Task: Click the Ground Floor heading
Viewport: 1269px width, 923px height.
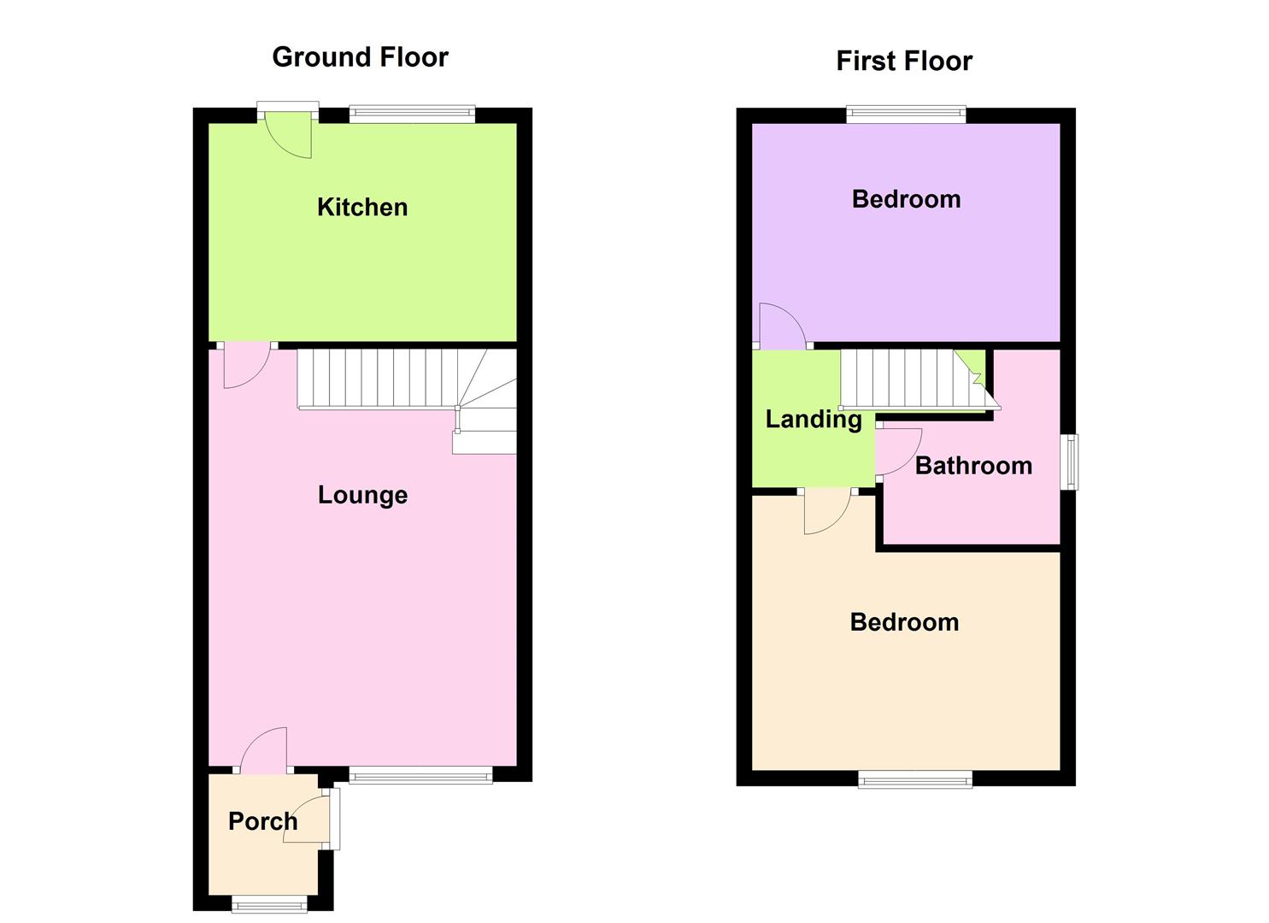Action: tap(360, 57)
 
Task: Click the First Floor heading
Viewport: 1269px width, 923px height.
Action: tap(904, 62)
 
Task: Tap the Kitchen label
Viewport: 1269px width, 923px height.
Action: tap(362, 207)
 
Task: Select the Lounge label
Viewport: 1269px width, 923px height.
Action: tap(362, 495)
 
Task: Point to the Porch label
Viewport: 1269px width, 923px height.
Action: tap(262, 821)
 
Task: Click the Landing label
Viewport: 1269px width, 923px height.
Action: tap(813, 419)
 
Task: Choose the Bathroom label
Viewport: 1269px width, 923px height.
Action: tap(973, 466)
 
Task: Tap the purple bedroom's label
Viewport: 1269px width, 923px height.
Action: tap(906, 199)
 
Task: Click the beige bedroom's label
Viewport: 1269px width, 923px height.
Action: tap(904, 622)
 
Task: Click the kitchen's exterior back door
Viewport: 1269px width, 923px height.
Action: tap(289, 132)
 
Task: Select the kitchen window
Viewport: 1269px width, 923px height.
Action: tap(412, 113)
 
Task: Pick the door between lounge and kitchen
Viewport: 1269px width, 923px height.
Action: tap(246, 364)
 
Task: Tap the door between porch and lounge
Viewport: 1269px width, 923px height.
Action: tap(264, 750)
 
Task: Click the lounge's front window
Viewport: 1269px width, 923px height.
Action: tap(420, 775)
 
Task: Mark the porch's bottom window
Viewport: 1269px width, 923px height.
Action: tap(269, 903)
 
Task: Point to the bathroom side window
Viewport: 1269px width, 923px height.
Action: tap(1069, 462)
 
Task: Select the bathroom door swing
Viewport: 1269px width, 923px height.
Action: tap(898, 450)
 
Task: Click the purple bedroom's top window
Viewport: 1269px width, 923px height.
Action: tap(906, 113)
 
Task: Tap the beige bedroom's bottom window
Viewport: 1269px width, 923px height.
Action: tap(915, 778)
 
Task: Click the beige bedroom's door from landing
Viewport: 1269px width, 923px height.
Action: tap(827, 509)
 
